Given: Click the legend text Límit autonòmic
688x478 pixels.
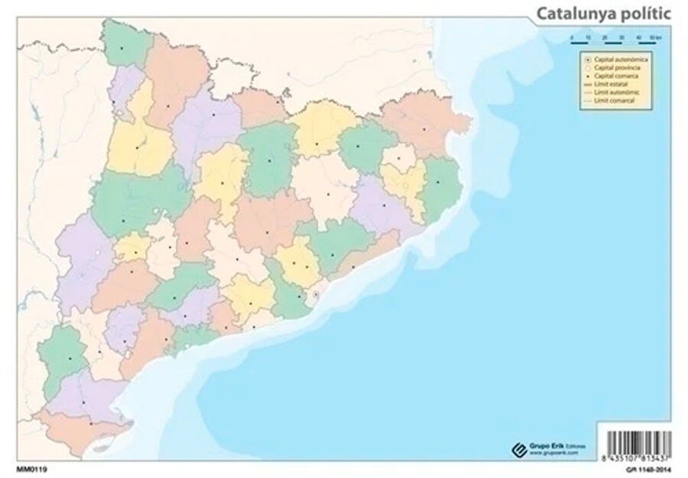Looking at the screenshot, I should click(x=616, y=93).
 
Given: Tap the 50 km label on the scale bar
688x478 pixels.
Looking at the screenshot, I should click(x=654, y=37).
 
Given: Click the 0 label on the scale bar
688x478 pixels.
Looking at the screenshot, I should click(x=571, y=37).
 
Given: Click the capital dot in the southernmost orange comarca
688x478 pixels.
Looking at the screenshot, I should click(x=91, y=423).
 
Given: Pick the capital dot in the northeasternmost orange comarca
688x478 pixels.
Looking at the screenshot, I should click(x=424, y=129).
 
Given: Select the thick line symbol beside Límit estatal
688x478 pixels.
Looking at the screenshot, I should click(x=586, y=85).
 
